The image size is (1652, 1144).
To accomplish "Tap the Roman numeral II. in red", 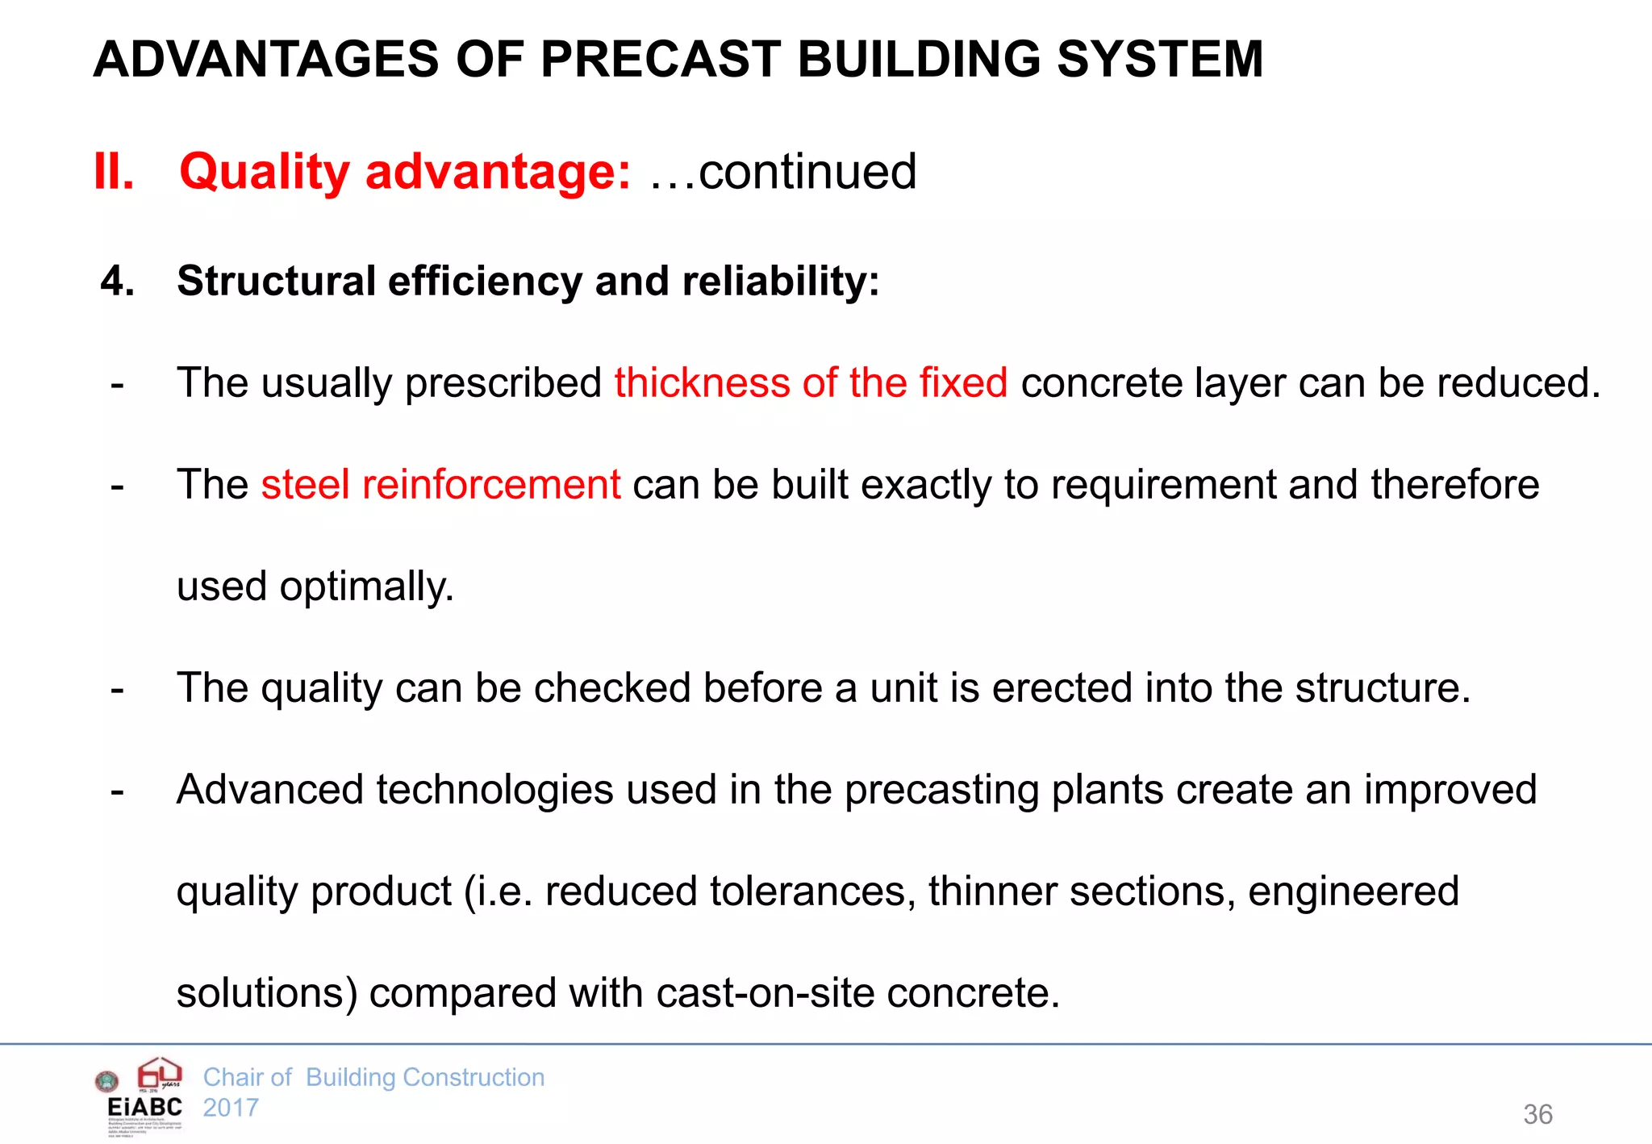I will pyautogui.click(x=114, y=171).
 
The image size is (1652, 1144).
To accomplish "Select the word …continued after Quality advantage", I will pyautogui.click(x=782, y=171).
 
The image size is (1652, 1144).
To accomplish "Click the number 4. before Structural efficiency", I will pyautogui.click(x=117, y=281).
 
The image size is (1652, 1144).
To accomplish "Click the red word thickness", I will pyautogui.click(x=701, y=382).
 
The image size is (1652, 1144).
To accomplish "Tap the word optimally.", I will pyautogui.click(x=367, y=587).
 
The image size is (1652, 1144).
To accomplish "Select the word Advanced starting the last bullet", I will pyautogui.click(x=269, y=789).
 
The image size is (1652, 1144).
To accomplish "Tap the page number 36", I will pyautogui.click(x=1537, y=1114).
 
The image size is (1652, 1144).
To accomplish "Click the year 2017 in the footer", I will pyautogui.click(x=231, y=1108).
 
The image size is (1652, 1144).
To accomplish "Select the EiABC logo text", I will pyautogui.click(x=145, y=1107).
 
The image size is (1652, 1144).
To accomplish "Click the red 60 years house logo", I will pyautogui.click(x=160, y=1074).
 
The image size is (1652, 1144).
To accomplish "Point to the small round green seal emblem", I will pyautogui.click(x=106, y=1081).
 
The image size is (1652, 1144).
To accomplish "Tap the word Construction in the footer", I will pyautogui.click(x=473, y=1077).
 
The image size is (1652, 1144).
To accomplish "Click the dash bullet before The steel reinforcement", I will pyautogui.click(x=118, y=486).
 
